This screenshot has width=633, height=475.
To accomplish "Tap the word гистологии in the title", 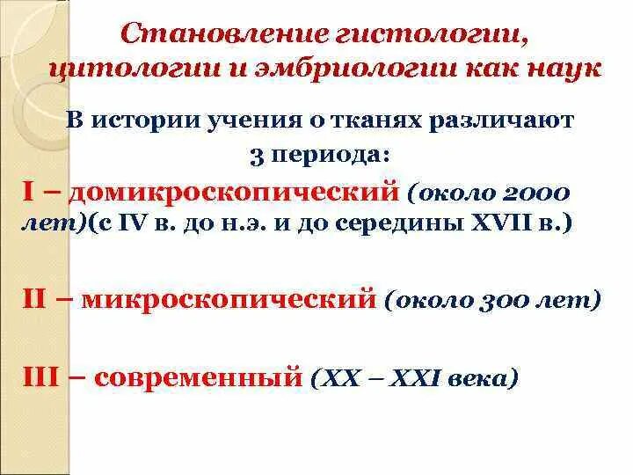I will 427,37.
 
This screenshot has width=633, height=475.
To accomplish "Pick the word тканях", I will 373,121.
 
